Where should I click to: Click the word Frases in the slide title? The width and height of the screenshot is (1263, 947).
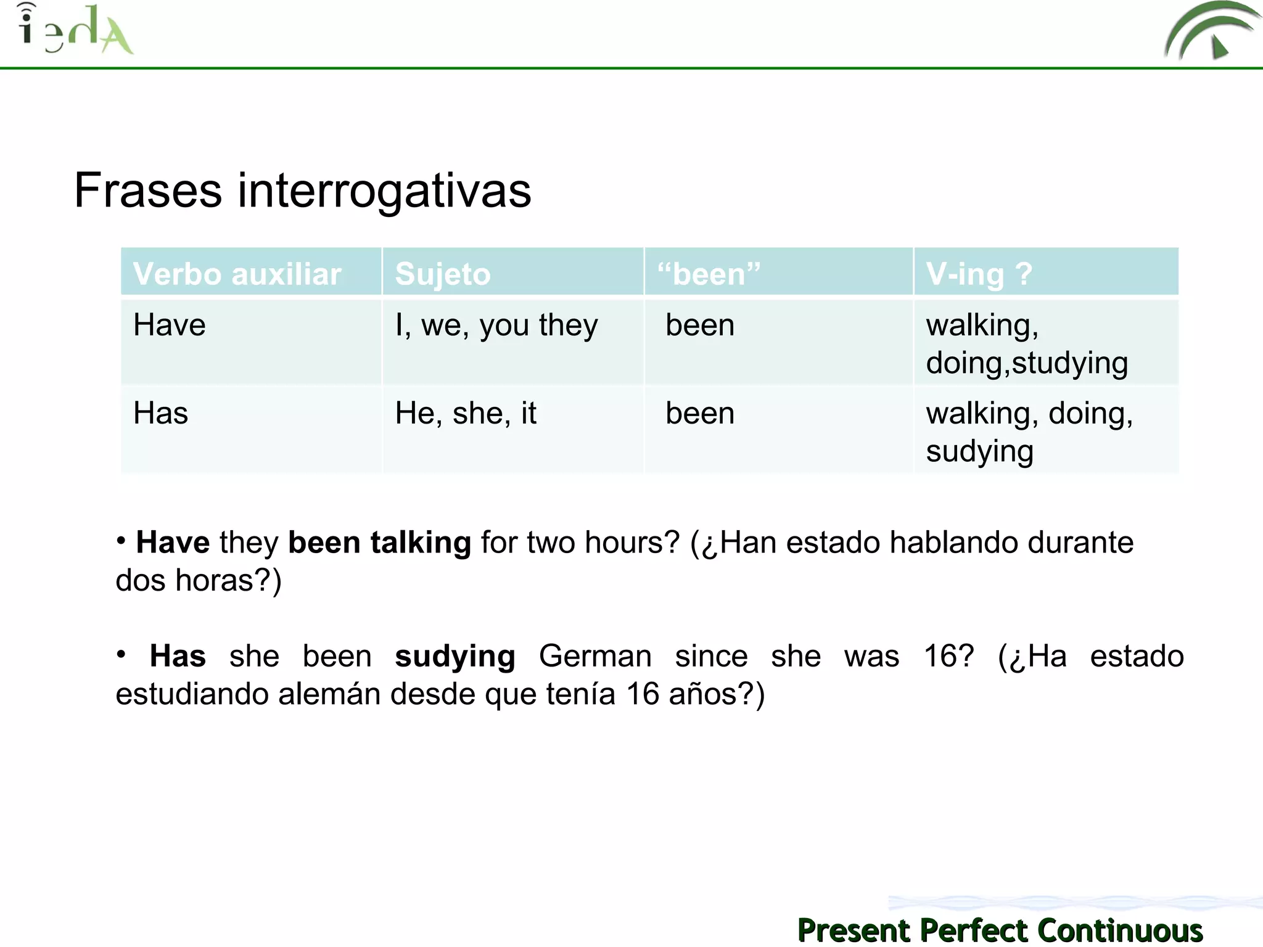click(148, 191)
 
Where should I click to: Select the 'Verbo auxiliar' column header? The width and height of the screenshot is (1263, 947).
click(237, 274)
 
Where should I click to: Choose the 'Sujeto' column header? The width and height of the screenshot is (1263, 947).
click(443, 274)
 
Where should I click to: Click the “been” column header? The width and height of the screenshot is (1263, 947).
click(709, 274)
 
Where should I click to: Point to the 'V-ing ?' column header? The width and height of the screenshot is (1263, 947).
click(979, 274)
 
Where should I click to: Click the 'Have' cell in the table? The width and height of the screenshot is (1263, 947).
click(170, 325)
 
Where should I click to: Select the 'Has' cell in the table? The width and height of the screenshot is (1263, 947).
click(160, 413)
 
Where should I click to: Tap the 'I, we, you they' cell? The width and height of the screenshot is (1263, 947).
click(496, 325)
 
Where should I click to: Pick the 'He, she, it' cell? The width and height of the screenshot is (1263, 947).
click(466, 413)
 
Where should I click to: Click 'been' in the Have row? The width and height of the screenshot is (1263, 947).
click(700, 325)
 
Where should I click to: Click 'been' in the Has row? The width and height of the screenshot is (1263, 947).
click(700, 413)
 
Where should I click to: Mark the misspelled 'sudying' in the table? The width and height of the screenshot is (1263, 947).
click(979, 451)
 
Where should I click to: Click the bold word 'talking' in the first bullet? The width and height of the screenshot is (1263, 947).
click(421, 543)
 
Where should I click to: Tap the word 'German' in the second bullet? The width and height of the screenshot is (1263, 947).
click(595, 656)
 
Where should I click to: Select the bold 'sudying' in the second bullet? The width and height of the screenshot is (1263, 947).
click(455, 656)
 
